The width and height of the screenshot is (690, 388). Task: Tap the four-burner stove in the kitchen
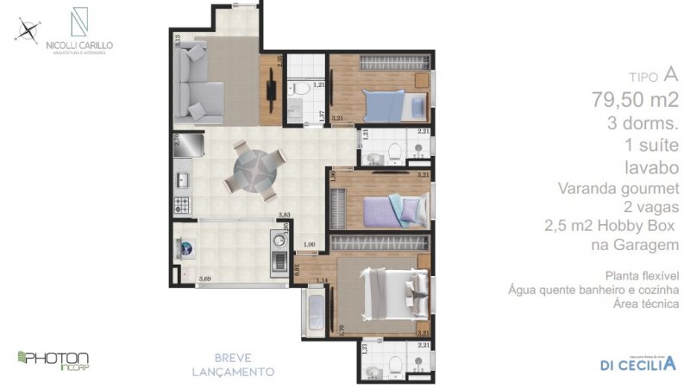point(183,205)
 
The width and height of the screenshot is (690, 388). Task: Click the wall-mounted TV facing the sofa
point(271,85)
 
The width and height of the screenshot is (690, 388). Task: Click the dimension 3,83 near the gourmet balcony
point(282,216)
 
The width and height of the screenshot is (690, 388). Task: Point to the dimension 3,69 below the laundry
point(205,278)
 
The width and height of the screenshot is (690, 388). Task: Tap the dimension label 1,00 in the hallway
point(310,246)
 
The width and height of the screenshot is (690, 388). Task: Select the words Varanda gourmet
point(630,187)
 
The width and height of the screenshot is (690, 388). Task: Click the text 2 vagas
point(655,207)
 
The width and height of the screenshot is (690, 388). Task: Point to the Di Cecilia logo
point(637,361)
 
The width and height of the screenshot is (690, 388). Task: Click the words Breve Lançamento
point(233,365)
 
